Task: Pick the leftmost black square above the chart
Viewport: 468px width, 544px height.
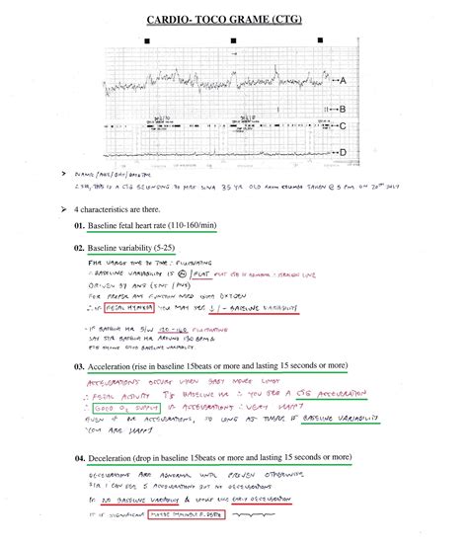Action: (x=146, y=40)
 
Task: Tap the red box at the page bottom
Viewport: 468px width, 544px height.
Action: (x=188, y=514)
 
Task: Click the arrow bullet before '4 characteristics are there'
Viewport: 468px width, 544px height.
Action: (x=62, y=210)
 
